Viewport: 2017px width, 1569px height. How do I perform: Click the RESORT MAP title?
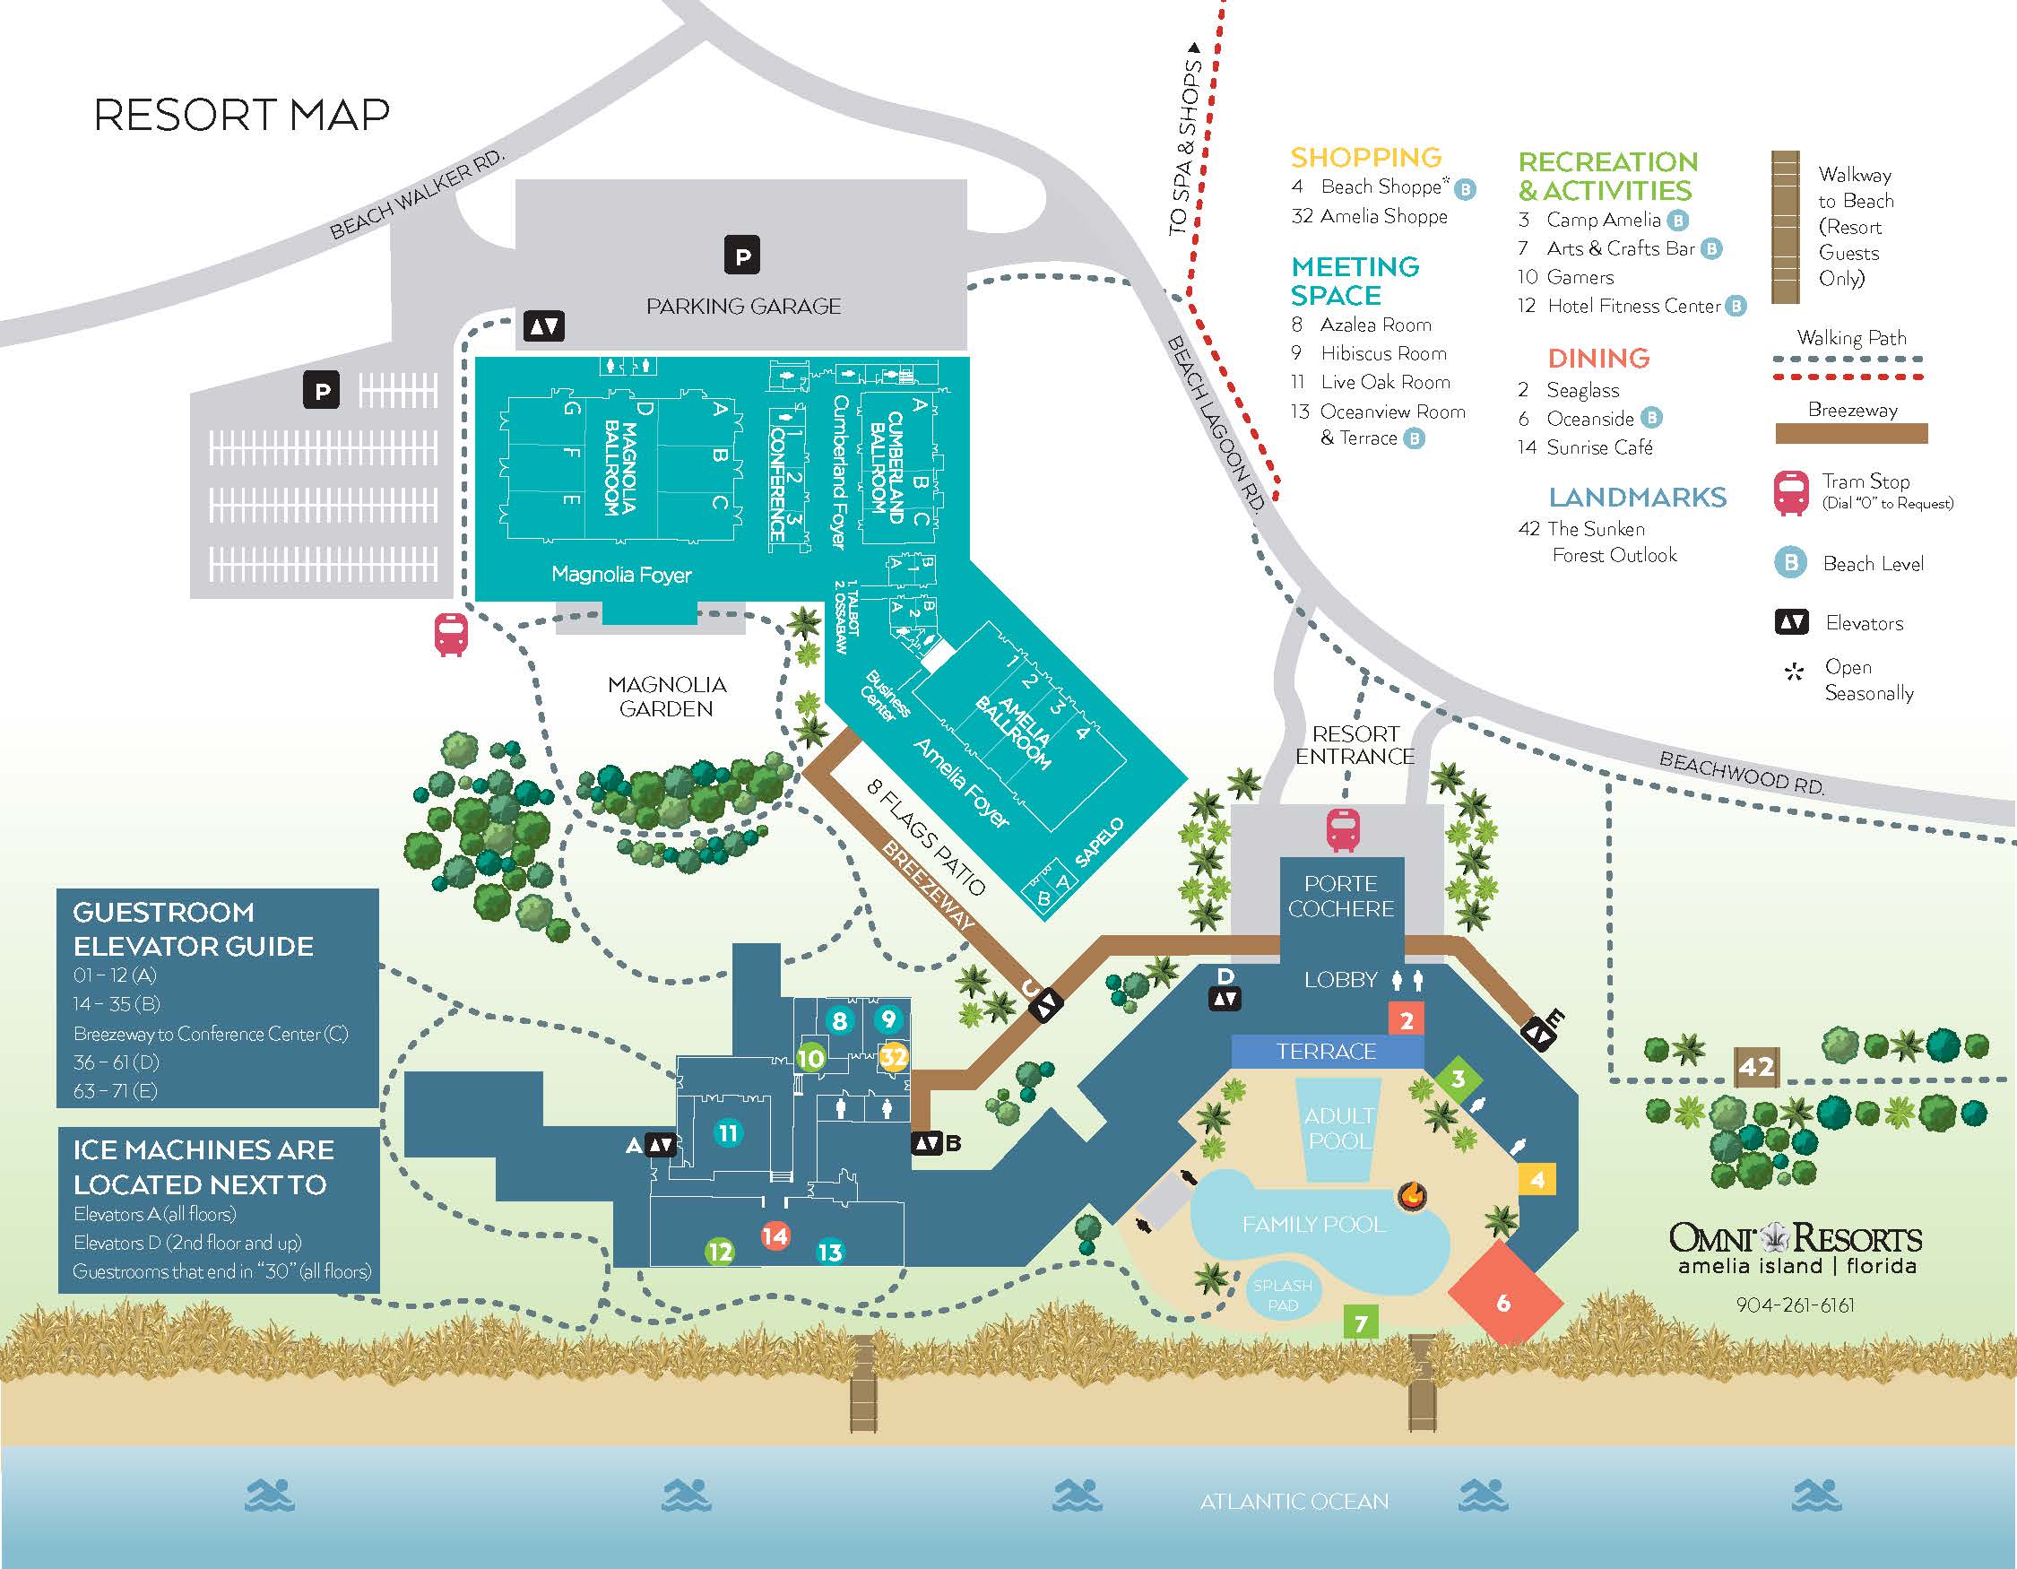pyautogui.click(x=242, y=116)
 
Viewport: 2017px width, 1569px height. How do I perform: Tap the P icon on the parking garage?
pyautogui.click(x=742, y=256)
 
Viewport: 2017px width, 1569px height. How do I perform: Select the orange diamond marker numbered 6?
pyautogui.click(x=1503, y=1302)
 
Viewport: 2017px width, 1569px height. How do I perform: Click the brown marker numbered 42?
pyautogui.click(x=1755, y=1068)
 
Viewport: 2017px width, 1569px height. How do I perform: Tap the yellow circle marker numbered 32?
pyautogui.click(x=892, y=1055)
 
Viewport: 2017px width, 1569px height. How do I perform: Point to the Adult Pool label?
pyautogui.click(x=1340, y=1128)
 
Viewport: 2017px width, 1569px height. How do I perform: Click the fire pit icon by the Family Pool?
pyautogui.click(x=1411, y=1196)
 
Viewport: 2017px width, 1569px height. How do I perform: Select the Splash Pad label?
pyautogui.click(x=1283, y=1295)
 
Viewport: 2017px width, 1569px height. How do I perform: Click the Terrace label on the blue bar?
pyautogui.click(x=1326, y=1051)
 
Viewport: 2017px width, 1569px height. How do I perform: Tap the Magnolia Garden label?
pyautogui.click(x=667, y=697)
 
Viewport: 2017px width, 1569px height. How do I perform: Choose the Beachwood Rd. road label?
pyautogui.click(x=1742, y=773)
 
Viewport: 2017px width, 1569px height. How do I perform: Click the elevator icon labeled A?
pyautogui.click(x=661, y=1145)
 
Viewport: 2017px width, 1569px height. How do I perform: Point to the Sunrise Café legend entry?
pyautogui.click(x=1585, y=447)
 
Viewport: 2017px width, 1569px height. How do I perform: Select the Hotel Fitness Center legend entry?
pyautogui.click(x=1631, y=306)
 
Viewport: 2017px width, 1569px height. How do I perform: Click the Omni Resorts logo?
pyautogui.click(x=1796, y=1248)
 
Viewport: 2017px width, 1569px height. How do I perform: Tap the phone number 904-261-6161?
pyautogui.click(x=1796, y=1305)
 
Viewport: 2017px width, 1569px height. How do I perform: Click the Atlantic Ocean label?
pyautogui.click(x=1294, y=1502)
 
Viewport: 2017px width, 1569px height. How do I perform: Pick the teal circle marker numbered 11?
pyautogui.click(x=729, y=1132)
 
